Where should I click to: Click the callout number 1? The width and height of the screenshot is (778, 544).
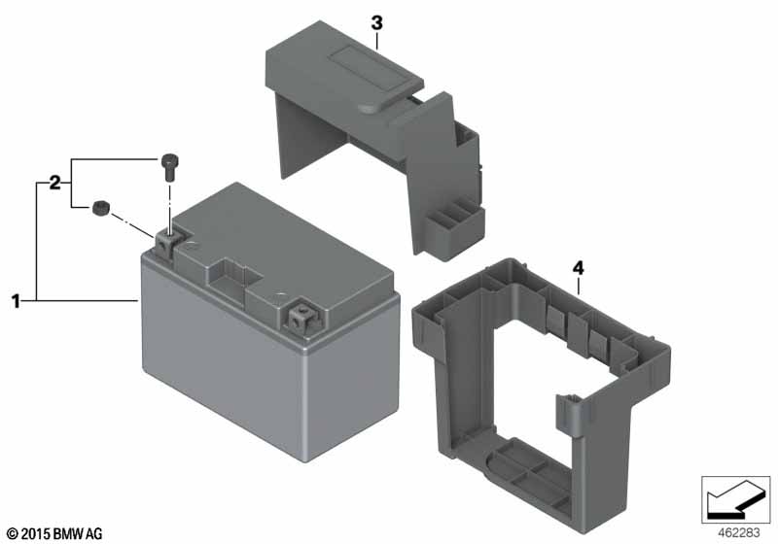point(16,301)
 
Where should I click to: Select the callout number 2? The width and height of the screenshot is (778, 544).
point(54,183)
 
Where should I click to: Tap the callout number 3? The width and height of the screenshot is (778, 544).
point(377,22)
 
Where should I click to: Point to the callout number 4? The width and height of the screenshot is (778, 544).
point(578,268)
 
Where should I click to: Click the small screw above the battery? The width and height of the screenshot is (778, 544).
point(169,167)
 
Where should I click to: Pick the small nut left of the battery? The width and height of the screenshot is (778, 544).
point(101,208)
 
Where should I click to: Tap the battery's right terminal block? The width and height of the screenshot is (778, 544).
point(303,319)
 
